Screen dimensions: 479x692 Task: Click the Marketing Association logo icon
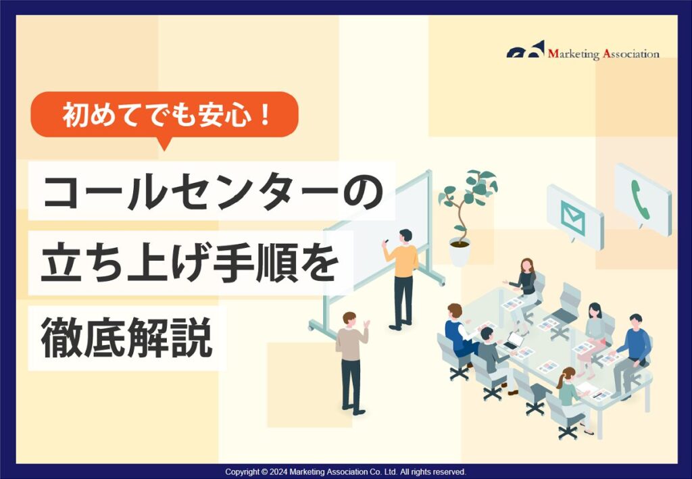pyautogui.click(x=526, y=51)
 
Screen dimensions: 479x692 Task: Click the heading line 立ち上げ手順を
pyautogui.click(x=189, y=261)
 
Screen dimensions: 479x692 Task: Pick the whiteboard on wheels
pyautogui.click(x=378, y=250)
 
